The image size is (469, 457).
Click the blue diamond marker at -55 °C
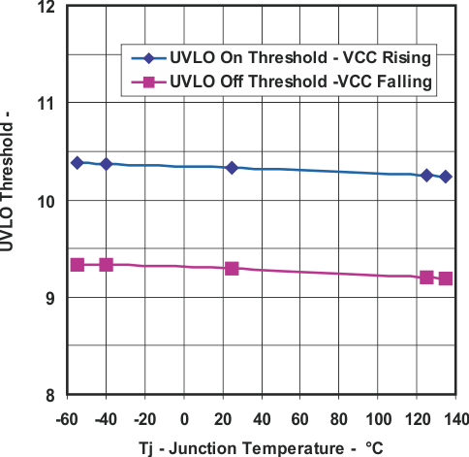[x=78, y=162]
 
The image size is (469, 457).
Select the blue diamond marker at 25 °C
[x=232, y=168]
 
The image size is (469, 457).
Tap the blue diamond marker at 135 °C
[x=446, y=177]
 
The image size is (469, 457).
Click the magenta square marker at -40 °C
[x=106, y=264]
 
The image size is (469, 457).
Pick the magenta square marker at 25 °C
[x=232, y=268]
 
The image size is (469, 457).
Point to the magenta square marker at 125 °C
[x=426, y=277]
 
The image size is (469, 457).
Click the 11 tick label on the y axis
[x=47, y=104]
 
